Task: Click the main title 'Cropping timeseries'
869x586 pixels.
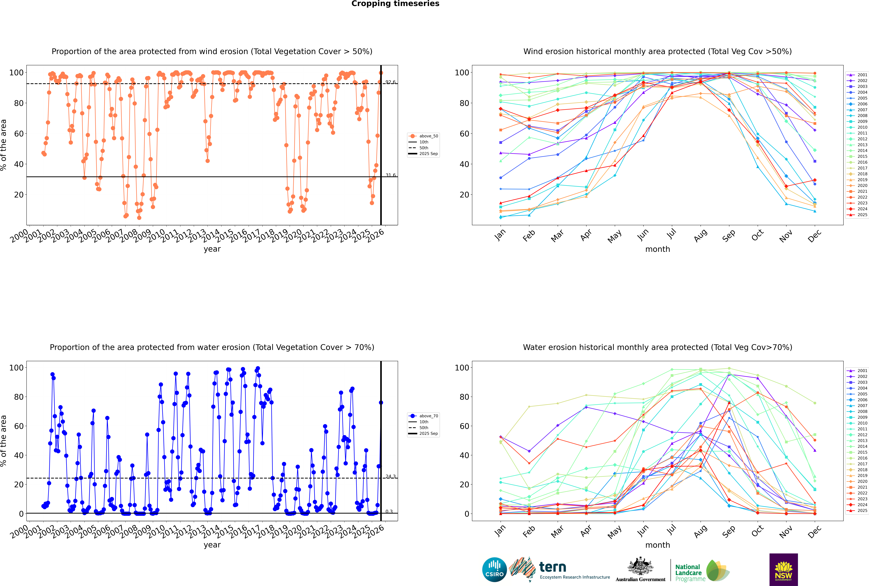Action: [x=395, y=4]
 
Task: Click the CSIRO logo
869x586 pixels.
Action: [x=494, y=570]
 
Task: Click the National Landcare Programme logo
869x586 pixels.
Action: [x=702, y=571]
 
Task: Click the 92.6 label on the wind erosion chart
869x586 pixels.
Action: [x=390, y=82]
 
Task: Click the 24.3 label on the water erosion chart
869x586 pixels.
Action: [x=390, y=476]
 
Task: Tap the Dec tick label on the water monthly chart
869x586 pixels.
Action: [x=814, y=531]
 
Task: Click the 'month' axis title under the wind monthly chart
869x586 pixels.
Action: [x=658, y=249]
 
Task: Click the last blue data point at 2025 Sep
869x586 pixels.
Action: [x=381, y=403]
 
